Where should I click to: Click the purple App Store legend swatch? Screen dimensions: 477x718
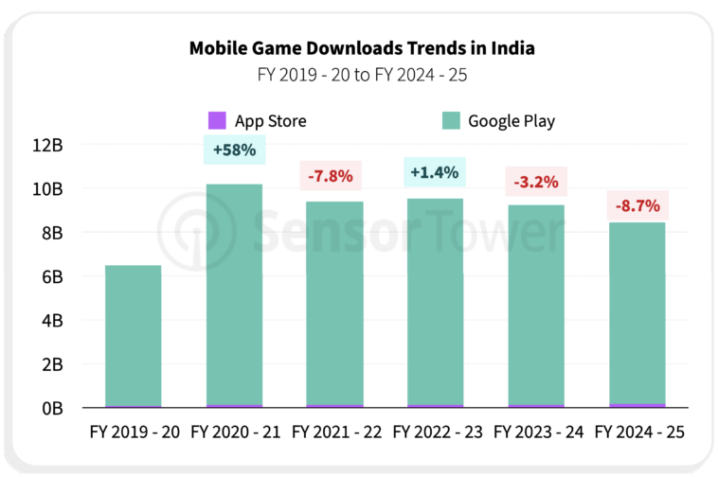(218, 121)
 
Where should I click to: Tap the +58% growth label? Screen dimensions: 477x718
(234, 150)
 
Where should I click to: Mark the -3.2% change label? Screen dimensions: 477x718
(536, 181)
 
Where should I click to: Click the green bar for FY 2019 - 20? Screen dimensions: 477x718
(133, 336)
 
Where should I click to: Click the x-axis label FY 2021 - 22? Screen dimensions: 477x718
(336, 433)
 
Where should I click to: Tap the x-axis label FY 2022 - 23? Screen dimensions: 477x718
(437, 433)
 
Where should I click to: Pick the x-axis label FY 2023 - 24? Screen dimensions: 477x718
(537, 433)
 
